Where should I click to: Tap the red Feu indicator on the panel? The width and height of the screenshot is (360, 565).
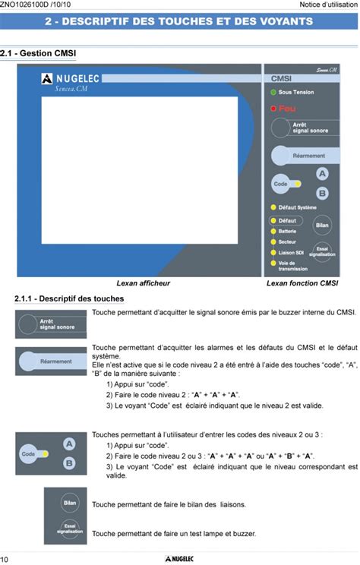click(273, 109)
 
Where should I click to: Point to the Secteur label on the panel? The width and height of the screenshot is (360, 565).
click(288, 241)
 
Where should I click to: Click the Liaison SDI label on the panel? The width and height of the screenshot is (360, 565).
click(292, 252)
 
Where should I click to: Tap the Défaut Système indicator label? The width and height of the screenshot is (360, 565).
click(297, 207)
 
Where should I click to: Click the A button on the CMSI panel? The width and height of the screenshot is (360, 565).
click(322, 174)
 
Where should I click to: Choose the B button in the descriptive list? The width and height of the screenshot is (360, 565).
click(68, 462)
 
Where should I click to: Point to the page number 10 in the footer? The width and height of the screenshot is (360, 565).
click(5, 558)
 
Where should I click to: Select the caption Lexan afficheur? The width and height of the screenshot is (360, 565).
click(144, 283)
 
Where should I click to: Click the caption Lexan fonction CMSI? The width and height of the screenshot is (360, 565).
click(302, 283)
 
